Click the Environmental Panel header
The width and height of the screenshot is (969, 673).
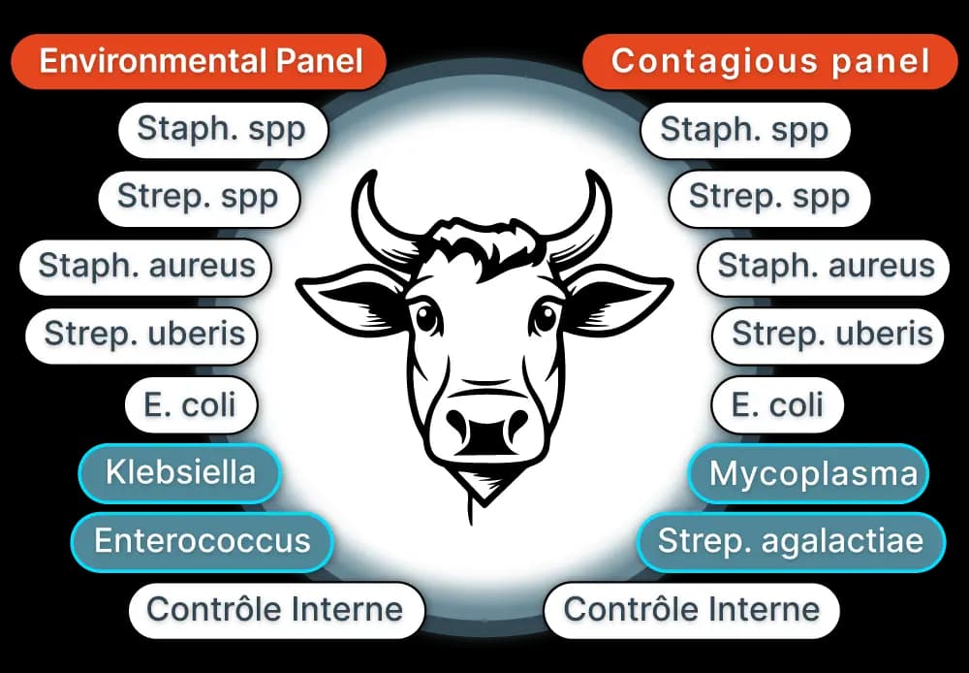click(x=201, y=62)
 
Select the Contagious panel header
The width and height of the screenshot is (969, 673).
click(x=769, y=62)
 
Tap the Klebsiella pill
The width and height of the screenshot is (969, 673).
click(x=180, y=473)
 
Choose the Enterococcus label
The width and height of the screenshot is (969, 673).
click(x=202, y=540)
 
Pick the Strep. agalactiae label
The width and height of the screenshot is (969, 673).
click(x=790, y=540)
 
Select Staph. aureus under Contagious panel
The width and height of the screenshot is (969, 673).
click(x=826, y=265)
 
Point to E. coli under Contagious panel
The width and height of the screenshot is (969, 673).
click(x=777, y=403)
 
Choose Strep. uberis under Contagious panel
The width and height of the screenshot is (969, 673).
click(x=831, y=335)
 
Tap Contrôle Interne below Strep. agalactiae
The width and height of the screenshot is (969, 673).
click(x=692, y=609)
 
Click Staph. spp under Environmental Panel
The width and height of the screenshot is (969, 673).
click(x=221, y=128)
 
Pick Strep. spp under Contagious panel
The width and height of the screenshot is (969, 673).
click(x=769, y=197)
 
